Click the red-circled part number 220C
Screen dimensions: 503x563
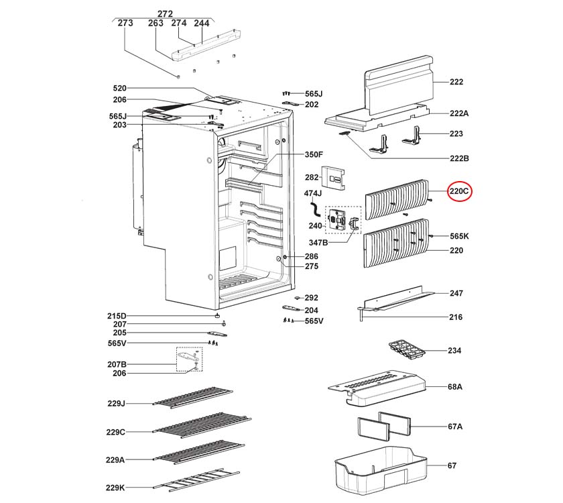[460, 192]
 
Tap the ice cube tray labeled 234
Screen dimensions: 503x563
[406, 351]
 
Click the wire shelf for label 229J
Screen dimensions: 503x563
[192, 397]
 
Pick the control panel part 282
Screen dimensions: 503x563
[334, 176]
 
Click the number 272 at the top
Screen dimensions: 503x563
[165, 13]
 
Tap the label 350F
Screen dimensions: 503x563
[314, 155]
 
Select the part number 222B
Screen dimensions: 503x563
[458, 158]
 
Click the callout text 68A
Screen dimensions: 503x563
[455, 388]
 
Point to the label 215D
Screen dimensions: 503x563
[117, 316]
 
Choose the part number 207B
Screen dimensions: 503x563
[117, 364]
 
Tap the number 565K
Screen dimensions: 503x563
[459, 236]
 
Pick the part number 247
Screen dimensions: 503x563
[456, 294]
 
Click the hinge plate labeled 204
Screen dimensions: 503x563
[291, 310]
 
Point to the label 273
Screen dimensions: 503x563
[125, 23]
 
